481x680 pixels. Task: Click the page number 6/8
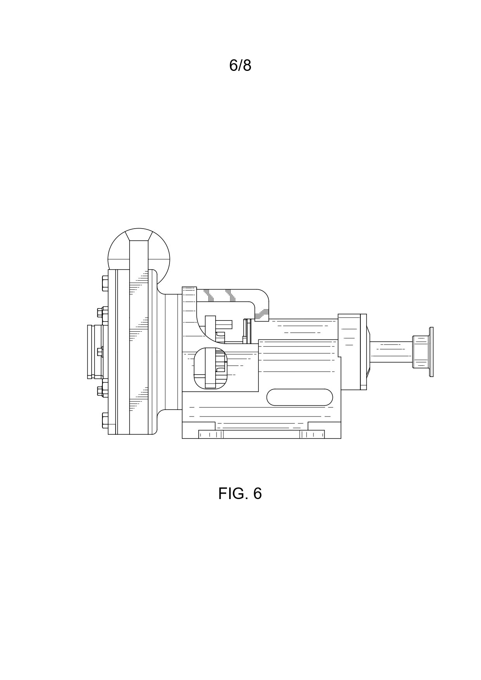tap(240, 65)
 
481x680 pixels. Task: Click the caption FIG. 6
tap(240, 494)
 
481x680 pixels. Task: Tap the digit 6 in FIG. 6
tap(257, 494)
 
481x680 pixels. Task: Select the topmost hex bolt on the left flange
tap(105, 283)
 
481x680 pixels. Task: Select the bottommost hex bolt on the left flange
tap(105, 420)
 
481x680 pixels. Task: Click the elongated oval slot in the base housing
tap(299, 397)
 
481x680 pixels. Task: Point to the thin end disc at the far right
tap(431, 352)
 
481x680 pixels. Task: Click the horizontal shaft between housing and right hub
tap(391, 352)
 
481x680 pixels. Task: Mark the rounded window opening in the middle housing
tap(210, 368)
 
